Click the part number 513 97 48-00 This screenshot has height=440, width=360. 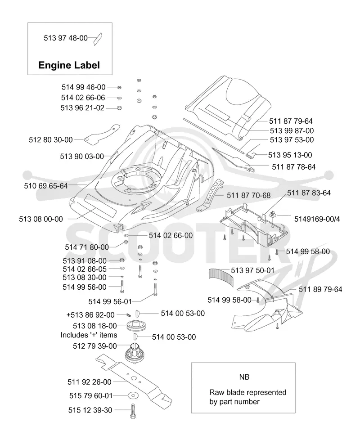tap(66, 38)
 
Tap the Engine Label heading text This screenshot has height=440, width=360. tap(69, 65)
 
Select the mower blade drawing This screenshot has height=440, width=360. tap(134, 378)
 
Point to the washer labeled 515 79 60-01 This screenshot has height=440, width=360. tap(133, 395)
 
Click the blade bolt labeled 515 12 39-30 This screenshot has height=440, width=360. tap(133, 411)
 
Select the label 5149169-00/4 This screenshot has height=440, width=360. tap(317, 219)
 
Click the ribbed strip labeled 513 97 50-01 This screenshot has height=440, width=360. tap(221, 276)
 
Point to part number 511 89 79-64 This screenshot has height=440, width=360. tap(320, 289)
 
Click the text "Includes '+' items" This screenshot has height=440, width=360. tap(89, 335)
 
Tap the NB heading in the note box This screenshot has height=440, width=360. tap(244, 377)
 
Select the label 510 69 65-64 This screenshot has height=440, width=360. tap(46, 186)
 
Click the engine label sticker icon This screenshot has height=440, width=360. tap(98, 39)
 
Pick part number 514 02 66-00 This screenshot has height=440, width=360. tap(171, 235)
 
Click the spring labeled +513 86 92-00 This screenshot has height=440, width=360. tap(129, 315)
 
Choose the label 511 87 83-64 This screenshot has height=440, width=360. tap(309, 193)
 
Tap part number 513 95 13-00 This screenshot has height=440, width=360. tap(290, 155)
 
